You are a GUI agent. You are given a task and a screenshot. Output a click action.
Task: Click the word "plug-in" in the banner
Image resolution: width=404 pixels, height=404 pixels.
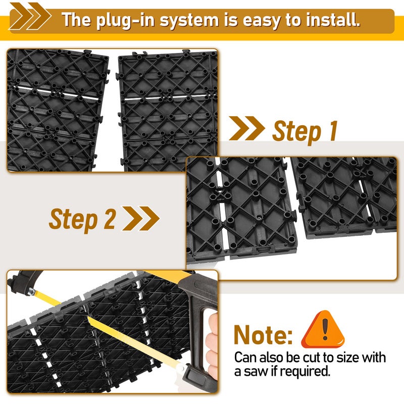click(126, 20)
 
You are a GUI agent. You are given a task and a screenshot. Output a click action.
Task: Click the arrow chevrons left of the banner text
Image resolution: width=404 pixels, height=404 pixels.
click(30, 16)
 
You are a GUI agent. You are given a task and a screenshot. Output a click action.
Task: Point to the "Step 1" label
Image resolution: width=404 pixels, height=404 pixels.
click(305, 132)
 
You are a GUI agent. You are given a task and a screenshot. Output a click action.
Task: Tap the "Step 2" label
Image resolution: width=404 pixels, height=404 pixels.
click(82, 219)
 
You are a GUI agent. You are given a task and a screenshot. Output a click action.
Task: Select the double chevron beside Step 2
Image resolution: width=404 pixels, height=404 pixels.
click(141, 218)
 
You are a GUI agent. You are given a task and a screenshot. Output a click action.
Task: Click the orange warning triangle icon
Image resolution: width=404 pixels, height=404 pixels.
click(323, 330)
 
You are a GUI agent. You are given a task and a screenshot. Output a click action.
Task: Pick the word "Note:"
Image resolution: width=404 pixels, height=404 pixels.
click(263, 334)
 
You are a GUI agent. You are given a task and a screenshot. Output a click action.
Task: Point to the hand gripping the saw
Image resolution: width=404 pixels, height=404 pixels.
click(212, 345)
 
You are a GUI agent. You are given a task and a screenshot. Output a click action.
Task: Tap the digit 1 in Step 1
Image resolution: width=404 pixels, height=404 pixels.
click(332, 130)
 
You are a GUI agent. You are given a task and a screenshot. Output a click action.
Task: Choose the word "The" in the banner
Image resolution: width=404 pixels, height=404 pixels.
click(76, 19)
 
